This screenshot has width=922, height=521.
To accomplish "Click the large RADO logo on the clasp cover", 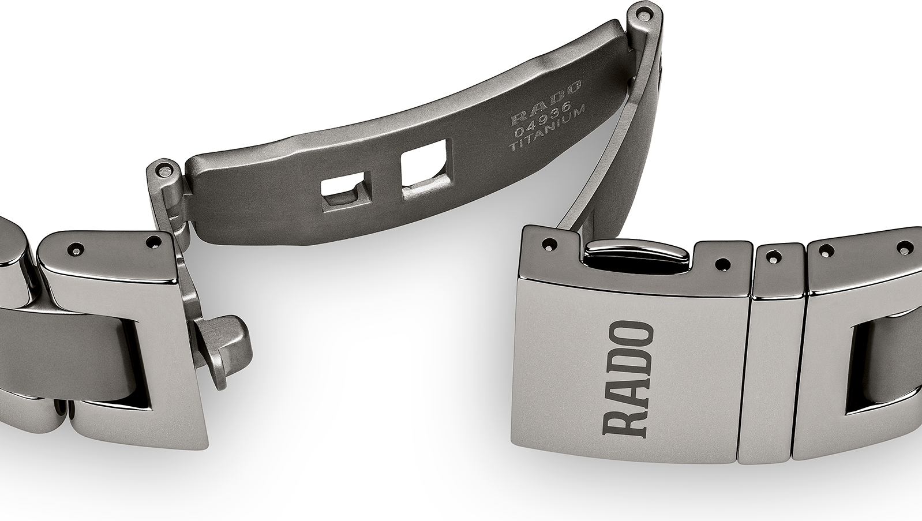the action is [x=628, y=380].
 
